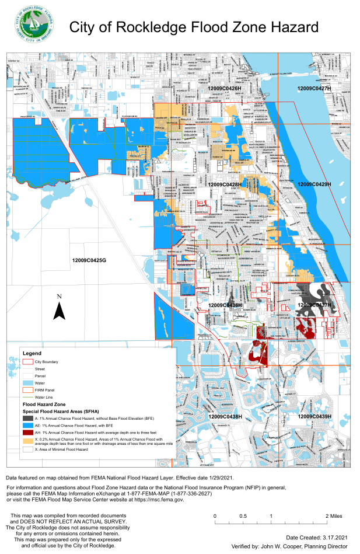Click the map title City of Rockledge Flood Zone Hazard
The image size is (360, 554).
click(194, 27)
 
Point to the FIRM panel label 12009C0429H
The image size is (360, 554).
click(314, 184)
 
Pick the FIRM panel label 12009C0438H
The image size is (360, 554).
click(225, 417)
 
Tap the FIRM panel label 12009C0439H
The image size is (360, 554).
click(314, 417)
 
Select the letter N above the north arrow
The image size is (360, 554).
click(59, 297)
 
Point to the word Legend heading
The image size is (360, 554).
click(32, 354)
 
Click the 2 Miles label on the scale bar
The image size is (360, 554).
click(334, 517)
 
